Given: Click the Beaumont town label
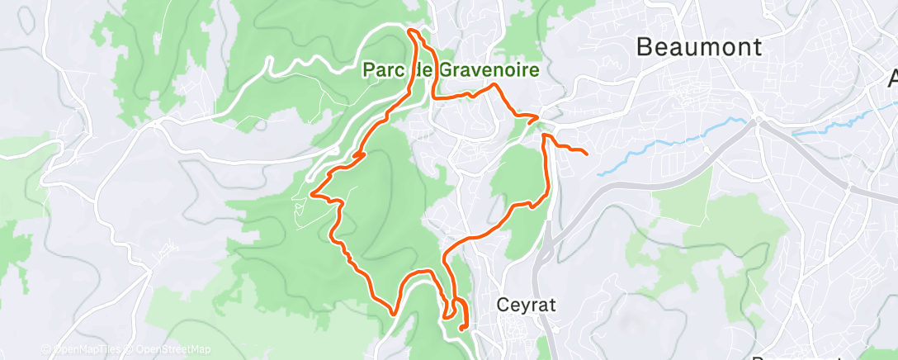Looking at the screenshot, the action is point(699,48).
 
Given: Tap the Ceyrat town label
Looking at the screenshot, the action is point(527,305).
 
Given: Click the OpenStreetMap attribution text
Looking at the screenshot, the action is point(173,349).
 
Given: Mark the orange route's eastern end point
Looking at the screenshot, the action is point(586,154).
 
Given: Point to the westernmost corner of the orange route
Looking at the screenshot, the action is point(311,194).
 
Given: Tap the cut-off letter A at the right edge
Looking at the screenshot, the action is point(892,80).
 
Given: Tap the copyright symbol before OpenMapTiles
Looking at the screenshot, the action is point(45,349).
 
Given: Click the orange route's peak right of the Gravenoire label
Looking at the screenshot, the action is point(494,85).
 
